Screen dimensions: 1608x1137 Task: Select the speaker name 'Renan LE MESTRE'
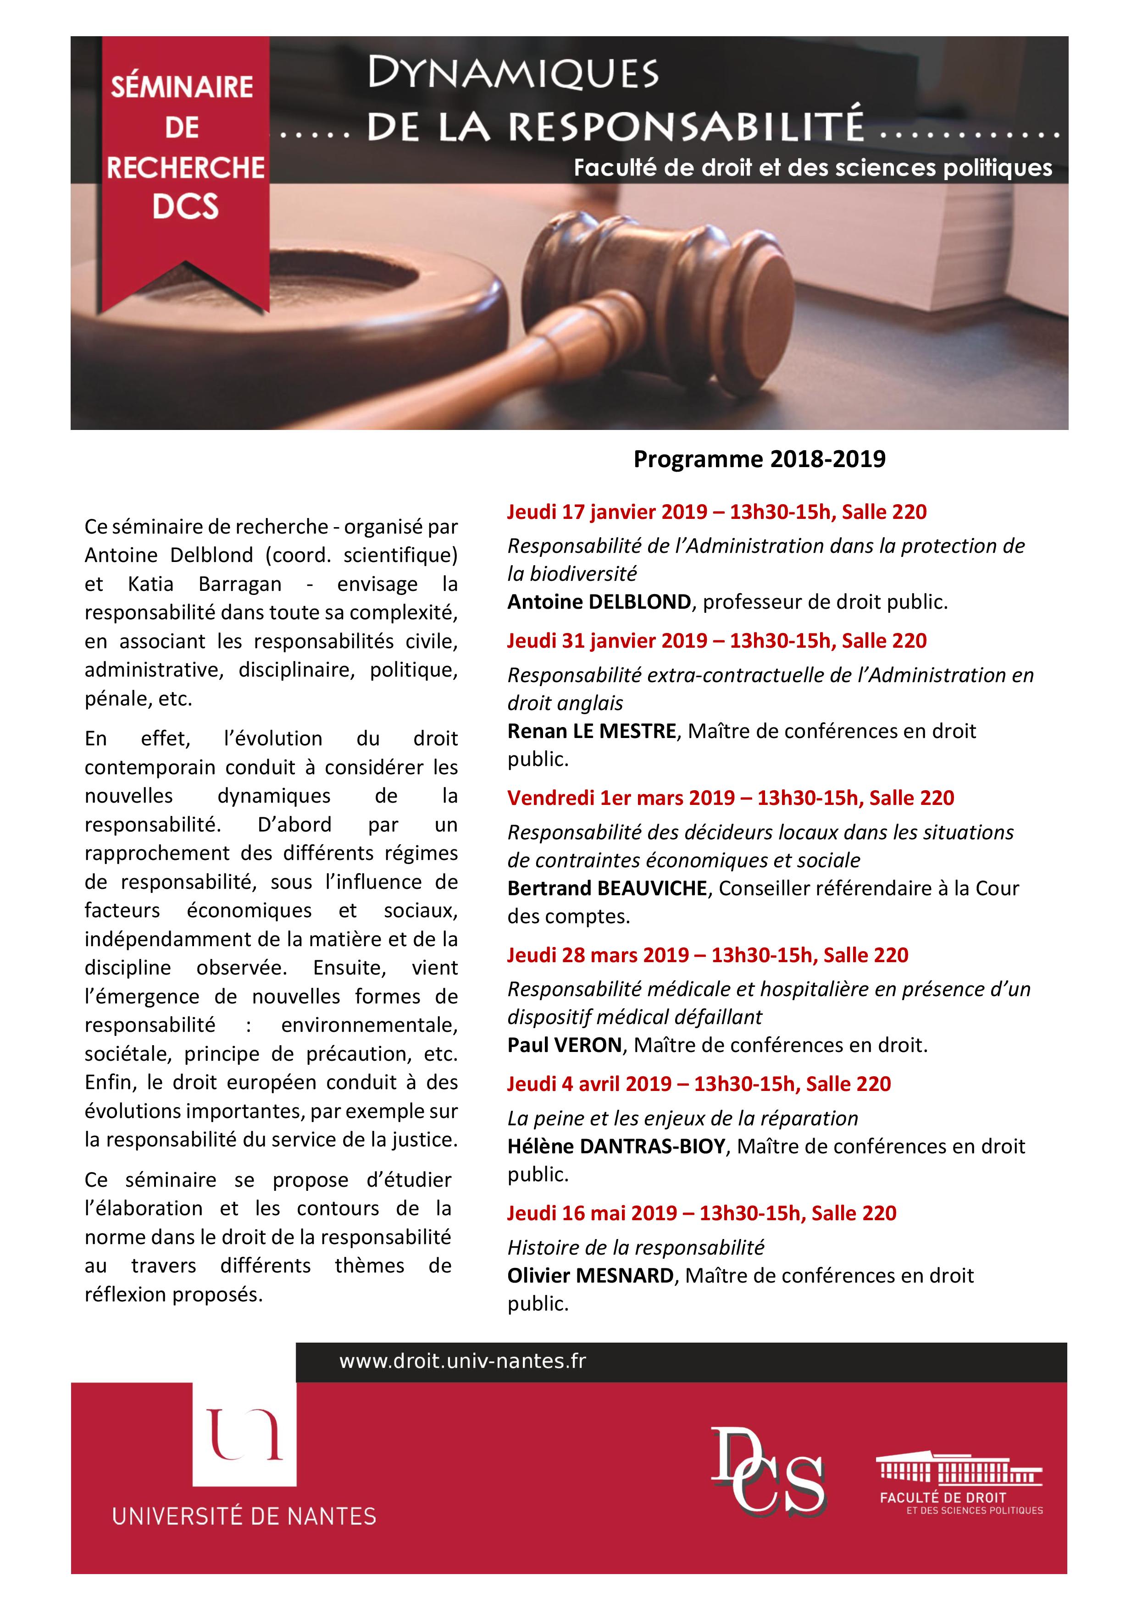point(591,731)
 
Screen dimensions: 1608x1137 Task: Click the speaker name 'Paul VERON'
point(565,1046)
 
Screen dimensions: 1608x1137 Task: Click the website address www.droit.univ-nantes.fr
point(462,1361)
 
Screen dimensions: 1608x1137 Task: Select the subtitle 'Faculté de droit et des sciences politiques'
point(813,168)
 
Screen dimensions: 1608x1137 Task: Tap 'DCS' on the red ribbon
point(186,207)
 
